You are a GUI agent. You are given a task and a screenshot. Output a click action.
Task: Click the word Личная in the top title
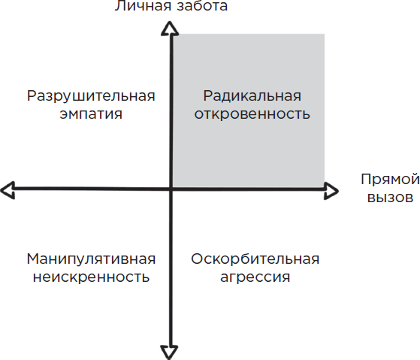pyautogui.click(x=144, y=5)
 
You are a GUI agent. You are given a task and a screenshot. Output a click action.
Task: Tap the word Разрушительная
pyautogui.click(x=91, y=97)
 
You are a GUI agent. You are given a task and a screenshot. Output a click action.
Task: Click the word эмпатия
pyautogui.click(x=91, y=114)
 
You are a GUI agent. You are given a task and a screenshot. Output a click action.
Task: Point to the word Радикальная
pyautogui.click(x=252, y=96)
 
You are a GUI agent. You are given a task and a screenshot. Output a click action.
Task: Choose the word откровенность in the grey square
pyautogui.click(x=252, y=114)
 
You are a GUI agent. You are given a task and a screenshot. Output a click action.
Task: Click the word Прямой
pyautogui.click(x=390, y=180)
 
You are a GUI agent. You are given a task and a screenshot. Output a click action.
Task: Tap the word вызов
pyautogui.click(x=390, y=198)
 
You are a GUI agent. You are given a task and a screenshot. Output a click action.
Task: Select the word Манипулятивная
pyautogui.click(x=91, y=259)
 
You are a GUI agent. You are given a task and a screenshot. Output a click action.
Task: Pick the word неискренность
pyautogui.click(x=91, y=277)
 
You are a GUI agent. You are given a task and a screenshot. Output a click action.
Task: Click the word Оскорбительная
pyautogui.click(x=255, y=259)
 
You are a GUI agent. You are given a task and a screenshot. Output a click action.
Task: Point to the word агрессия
pyautogui.click(x=255, y=277)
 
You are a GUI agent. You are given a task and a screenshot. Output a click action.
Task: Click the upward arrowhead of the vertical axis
pyautogui.click(x=170, y=29)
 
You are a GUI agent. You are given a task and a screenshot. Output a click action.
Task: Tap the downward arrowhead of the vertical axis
pyautogui.click(x=169, y=352)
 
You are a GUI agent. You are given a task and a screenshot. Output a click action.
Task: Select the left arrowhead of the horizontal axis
pyautogui.click(x=8, y=190)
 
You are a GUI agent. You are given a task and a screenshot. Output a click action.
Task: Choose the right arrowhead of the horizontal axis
pyautogui.click(x=331, y=191)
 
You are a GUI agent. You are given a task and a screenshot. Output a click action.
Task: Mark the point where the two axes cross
pyautogui.click(x=171, y=189)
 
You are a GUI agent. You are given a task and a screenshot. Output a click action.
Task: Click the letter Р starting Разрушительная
pyautogui.click(x=32, y=96)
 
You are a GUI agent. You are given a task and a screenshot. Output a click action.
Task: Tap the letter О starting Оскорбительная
pyautogui.click(x=197, y=259)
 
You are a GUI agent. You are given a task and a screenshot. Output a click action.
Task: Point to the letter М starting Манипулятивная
pyautogui.click(x=33, y=259)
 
